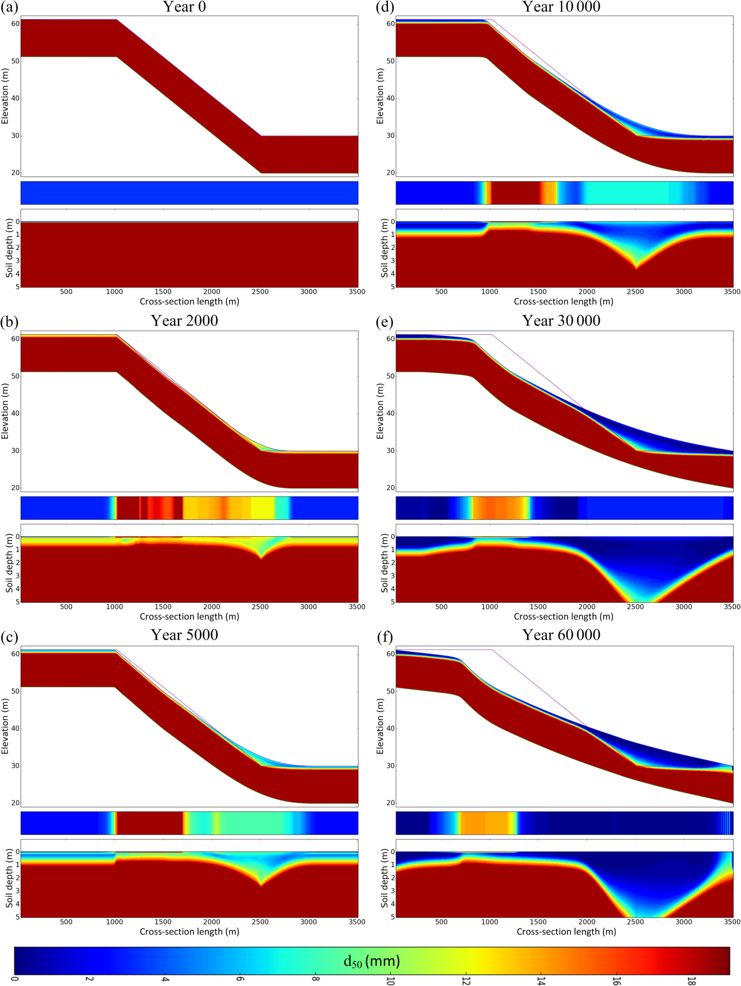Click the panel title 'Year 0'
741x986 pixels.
tap(184, 7)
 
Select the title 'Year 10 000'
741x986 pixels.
tap(561, 7)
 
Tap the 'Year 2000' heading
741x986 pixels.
tap(184, 321)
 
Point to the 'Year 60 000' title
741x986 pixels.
tap(561, 635)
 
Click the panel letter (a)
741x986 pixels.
tap(9, 7)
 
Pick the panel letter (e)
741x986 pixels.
tap(385, 322)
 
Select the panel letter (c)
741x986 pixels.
tap(9, 636)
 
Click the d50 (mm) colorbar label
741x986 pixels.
tap(372, 960)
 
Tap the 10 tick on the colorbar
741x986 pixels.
tap(390, 980)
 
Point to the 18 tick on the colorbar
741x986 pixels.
tap(692, 980)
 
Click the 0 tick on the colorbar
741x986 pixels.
tap(15, 980)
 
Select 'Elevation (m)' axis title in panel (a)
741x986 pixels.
tap(5, 96)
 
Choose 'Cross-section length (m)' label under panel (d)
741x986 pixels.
tap(564, 302)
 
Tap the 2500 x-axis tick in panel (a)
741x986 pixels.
tap(260, 292)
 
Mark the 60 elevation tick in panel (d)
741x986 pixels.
tap(390, 24)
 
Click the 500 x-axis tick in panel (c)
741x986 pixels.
tap(66, 922)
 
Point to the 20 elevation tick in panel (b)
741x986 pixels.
tap(15, 488)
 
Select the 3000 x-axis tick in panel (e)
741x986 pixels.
tap(684, 607)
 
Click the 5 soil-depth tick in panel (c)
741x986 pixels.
tap(16, 916)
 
